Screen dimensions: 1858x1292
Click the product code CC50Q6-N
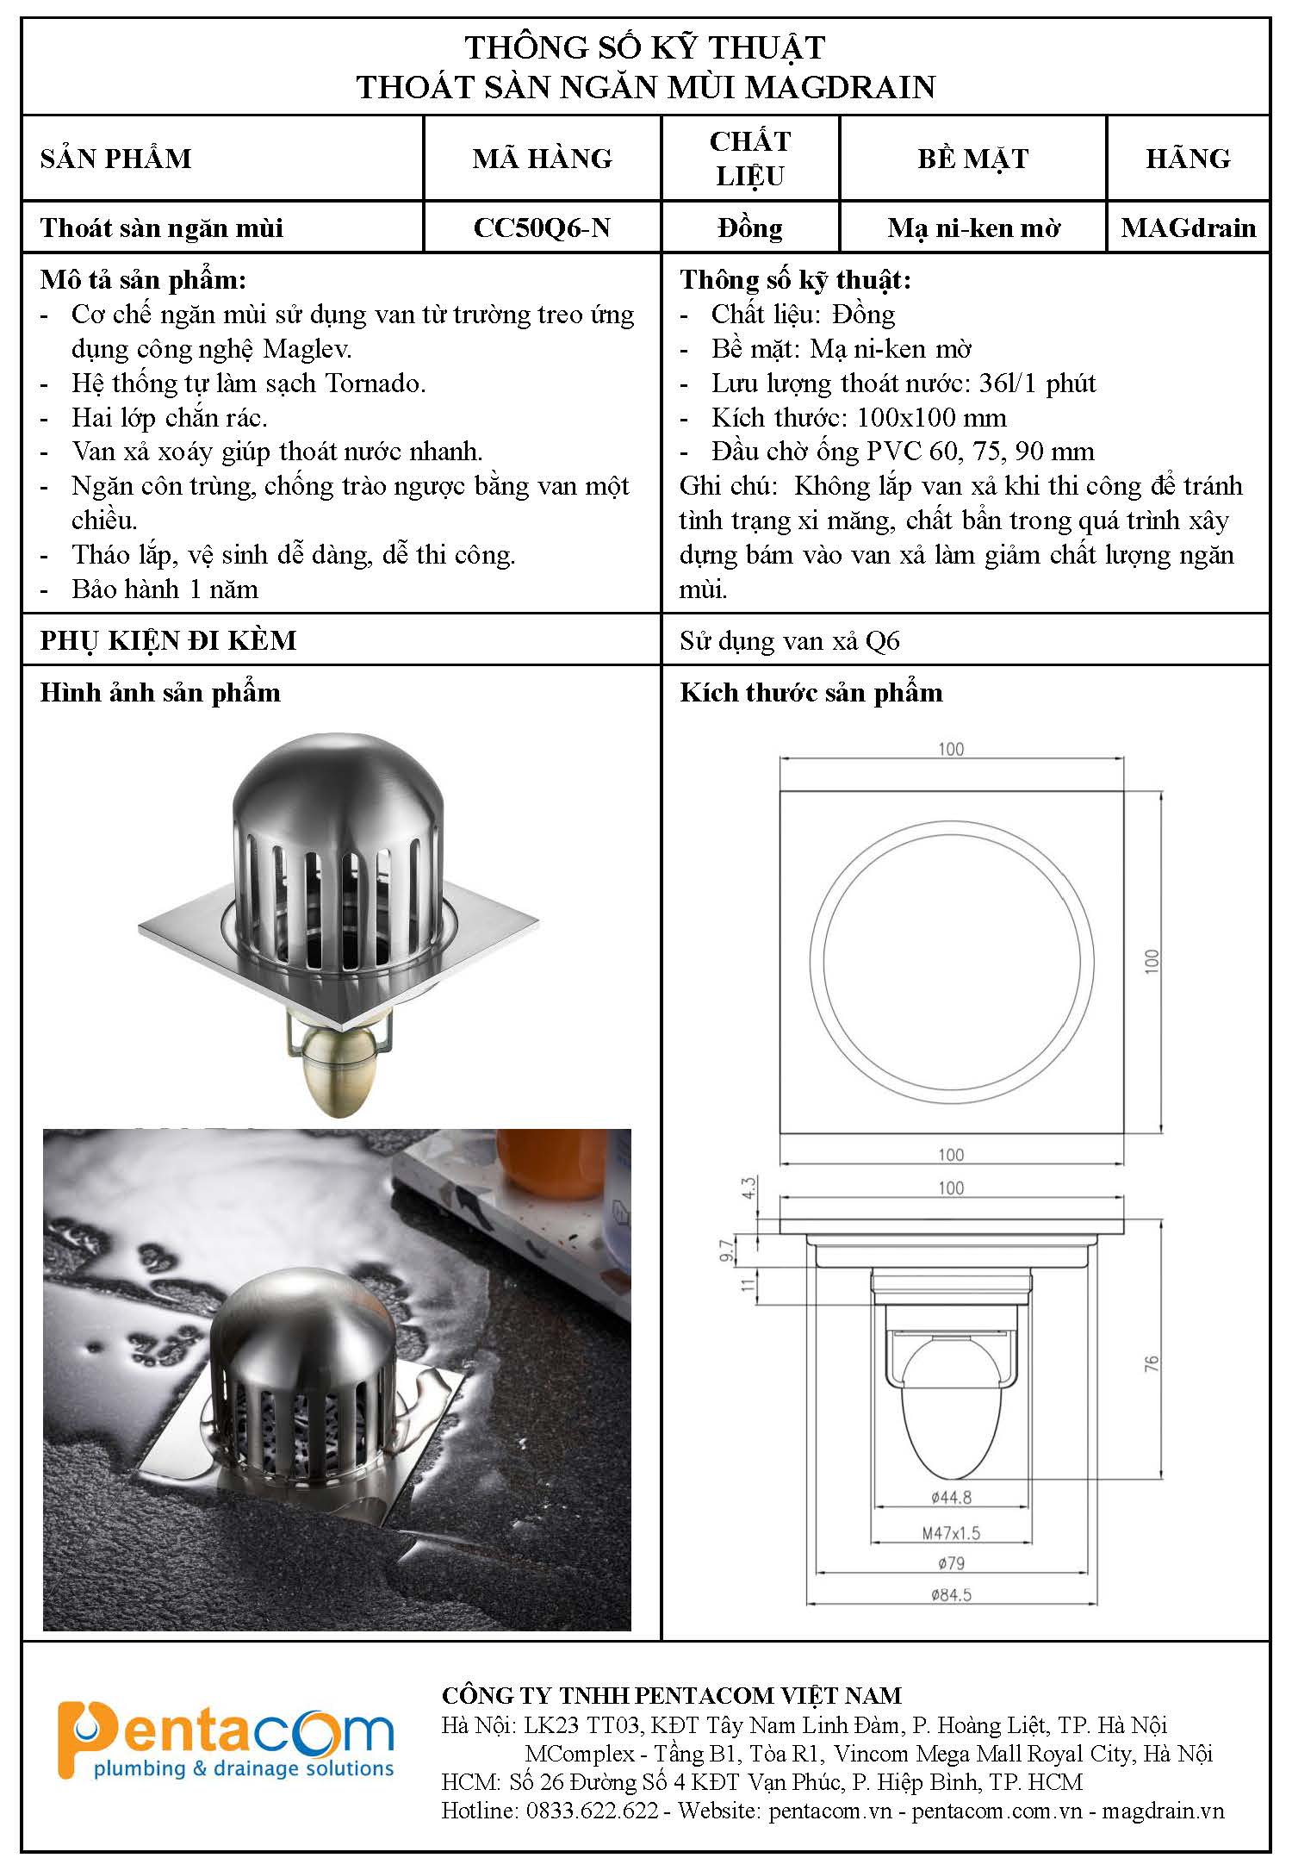pos(542,228)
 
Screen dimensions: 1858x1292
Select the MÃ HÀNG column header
pos(542,159)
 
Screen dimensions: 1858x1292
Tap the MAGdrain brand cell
pos(1188,228)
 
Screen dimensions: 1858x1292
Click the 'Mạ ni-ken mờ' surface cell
pos(972,228)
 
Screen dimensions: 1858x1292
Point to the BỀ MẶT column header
pos(972,159)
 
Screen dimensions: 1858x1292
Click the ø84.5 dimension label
pos(951,1594)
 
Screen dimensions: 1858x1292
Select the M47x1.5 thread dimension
pos(951,1533)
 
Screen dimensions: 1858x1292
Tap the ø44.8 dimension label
pos(951,1497)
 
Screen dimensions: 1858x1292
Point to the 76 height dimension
pos(1152,1363)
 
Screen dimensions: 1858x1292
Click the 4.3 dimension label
pos(748,1188)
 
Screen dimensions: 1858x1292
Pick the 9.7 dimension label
pos(725,1250)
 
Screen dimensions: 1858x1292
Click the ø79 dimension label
pos(951,1562)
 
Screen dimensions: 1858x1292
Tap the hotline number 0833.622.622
pos(592,1811)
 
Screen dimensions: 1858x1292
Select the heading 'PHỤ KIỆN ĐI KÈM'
pos(169,640)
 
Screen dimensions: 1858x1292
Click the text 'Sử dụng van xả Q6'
pos(789,641)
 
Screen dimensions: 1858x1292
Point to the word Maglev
pos(307,349)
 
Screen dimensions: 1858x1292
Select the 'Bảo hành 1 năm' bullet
pos(165,589)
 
